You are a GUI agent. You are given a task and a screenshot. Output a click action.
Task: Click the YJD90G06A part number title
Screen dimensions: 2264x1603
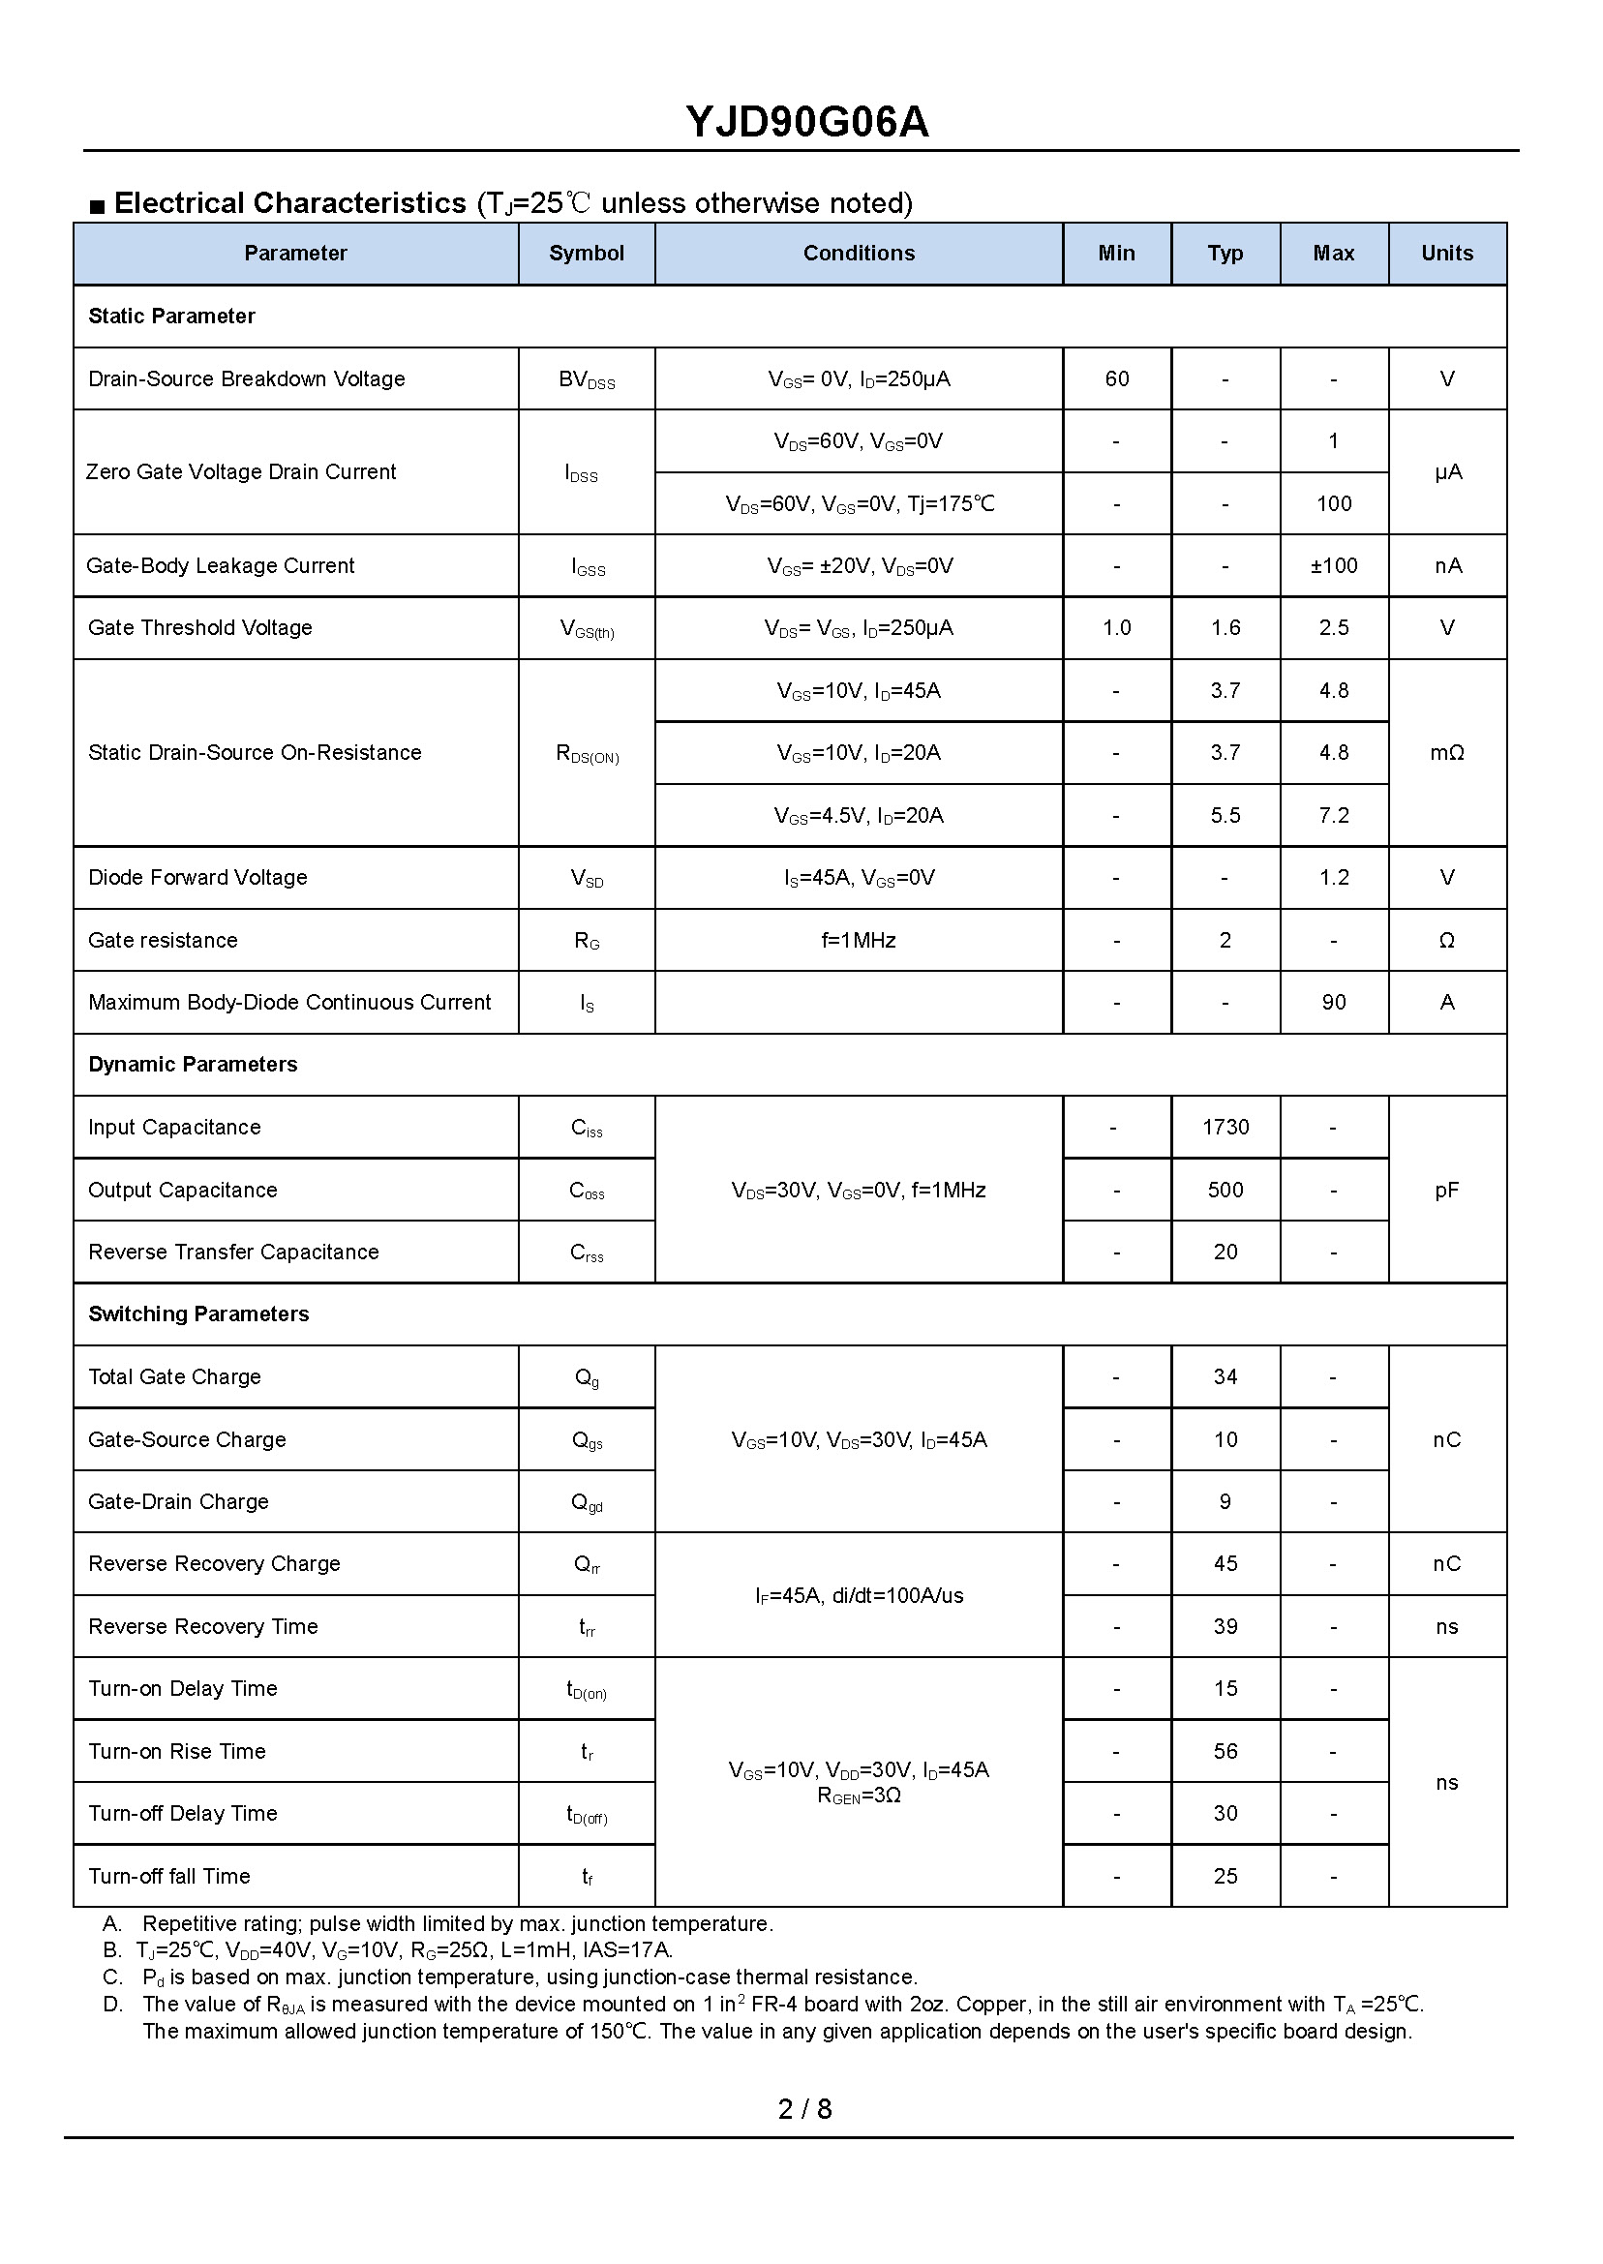[x=806, y=122]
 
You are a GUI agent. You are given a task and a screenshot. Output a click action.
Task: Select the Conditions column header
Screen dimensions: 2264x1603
[x=858, y=254]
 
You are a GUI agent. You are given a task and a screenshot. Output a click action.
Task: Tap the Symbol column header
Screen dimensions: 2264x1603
[x=587, y=254]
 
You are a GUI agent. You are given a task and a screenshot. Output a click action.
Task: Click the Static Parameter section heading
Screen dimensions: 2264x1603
[x=171, y=316]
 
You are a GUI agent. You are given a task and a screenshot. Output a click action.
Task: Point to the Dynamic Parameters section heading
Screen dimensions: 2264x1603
[x=193, y=1064]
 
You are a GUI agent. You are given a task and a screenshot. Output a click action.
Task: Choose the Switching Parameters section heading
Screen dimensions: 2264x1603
[x=198, y=1313]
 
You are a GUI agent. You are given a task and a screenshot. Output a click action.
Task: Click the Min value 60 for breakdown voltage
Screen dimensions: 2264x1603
[x=1116, y=379]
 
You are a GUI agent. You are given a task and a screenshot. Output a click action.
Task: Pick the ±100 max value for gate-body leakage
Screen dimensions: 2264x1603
[x=1333, y=565]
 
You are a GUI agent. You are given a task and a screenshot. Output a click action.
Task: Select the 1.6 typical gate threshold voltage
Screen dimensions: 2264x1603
[x=1225, y=627]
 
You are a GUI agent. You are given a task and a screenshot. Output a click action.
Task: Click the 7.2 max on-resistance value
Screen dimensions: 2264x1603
[x=1333, y=815]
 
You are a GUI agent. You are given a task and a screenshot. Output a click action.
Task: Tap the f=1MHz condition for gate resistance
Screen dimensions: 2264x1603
[x=858, y=941]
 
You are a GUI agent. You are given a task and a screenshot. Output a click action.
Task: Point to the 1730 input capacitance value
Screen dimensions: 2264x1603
[x=1225, y=1127]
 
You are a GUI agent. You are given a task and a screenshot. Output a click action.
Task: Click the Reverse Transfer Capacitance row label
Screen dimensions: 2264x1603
[x=233, y=1252]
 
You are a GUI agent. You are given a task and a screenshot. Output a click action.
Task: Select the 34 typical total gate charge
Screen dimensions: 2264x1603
[x=1225, y=1376]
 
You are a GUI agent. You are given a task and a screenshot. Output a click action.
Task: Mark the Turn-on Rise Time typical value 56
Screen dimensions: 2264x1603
[x=1225, y=1751]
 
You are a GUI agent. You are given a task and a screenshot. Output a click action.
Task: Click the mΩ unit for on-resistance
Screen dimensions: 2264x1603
[x=1446, y=753]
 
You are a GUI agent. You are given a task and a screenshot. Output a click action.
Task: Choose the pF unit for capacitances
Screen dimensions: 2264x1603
[x=1446, y=1191]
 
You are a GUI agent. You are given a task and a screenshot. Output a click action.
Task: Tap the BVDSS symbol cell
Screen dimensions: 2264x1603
[x=587, y=380]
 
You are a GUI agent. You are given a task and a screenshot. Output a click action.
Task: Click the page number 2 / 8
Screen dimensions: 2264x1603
[x=804, y=2109]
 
